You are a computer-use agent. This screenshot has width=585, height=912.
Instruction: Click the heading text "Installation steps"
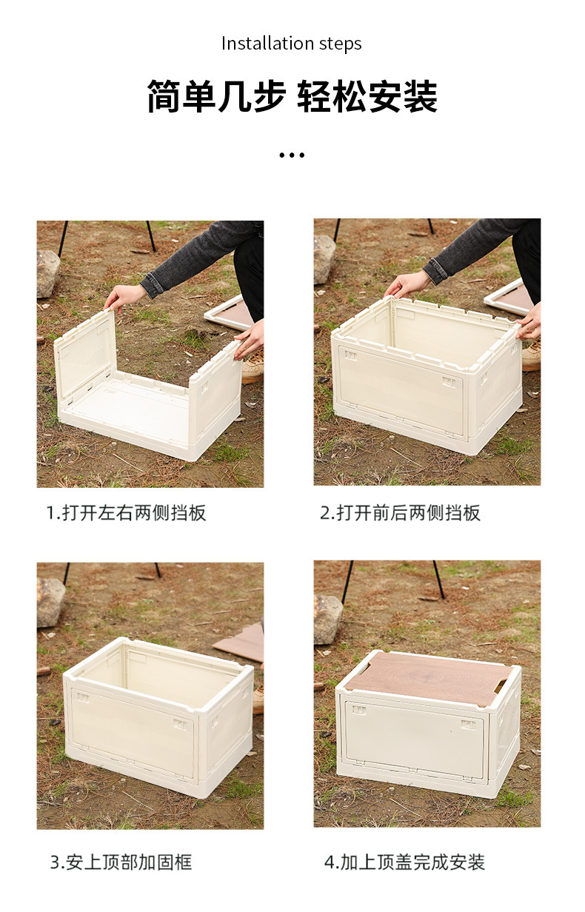(x=292, y=44)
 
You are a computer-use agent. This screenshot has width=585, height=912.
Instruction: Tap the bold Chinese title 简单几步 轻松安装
(x=292, y=97)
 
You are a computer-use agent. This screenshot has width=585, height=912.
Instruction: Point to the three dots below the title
(x=292, y=155)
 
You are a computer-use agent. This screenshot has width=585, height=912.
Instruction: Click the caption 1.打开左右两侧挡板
(x=126, y=513)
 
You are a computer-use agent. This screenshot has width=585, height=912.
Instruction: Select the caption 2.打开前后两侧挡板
(x=401, y=513)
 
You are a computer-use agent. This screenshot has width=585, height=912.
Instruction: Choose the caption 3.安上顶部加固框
(x=121, y=862)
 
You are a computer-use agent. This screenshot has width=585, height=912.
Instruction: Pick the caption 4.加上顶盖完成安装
(x=404, y=862)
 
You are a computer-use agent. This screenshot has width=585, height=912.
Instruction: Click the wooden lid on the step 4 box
(x=429, y=678)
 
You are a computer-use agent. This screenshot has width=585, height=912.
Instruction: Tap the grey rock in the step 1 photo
(x=47, y=273)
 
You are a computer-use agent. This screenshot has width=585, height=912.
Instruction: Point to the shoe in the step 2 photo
(x=531, y=356)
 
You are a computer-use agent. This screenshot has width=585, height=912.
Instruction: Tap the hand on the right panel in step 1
(x=250, y=340)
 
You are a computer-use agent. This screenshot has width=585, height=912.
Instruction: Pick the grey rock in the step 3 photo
(x=50, y=602)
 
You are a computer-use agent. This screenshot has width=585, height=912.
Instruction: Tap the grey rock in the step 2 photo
(x=324, y=258)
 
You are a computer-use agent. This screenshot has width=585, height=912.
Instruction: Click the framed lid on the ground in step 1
(x=227, y=312)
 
